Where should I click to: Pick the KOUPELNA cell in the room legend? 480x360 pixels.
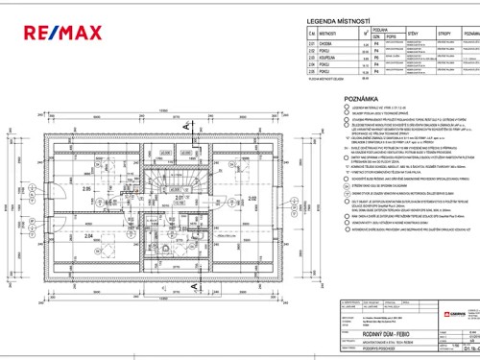[328, 84]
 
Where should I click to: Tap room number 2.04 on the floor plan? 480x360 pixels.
[86, 233]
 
